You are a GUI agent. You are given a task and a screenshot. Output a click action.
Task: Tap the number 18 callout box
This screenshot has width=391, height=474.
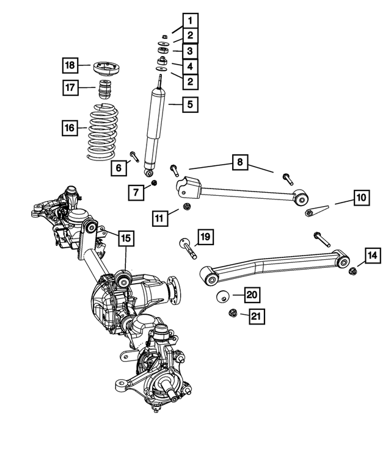pyautogui.click(x=70, y=65)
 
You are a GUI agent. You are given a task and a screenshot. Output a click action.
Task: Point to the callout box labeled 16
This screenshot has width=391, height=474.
pyautogui.click(x=70, y=129)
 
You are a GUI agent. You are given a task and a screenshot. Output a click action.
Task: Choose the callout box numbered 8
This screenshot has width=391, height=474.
pyautogui.click(x=240, y=162)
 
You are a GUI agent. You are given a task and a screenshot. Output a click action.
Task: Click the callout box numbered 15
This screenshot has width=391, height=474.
pyautogui.click(x=125, y=238)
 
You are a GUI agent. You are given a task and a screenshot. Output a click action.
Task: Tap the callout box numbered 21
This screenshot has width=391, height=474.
pyautogui.click(x=255, y=316)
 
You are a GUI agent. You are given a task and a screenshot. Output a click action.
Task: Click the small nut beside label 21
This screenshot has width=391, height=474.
pyautogui.click(x=232, y=314)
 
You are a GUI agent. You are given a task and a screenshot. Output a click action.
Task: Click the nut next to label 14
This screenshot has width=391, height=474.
pyautogui.click(x=353, y=271)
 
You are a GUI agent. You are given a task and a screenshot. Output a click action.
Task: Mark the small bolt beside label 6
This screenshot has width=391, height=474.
pyautogui.click(x=134, y=156)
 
